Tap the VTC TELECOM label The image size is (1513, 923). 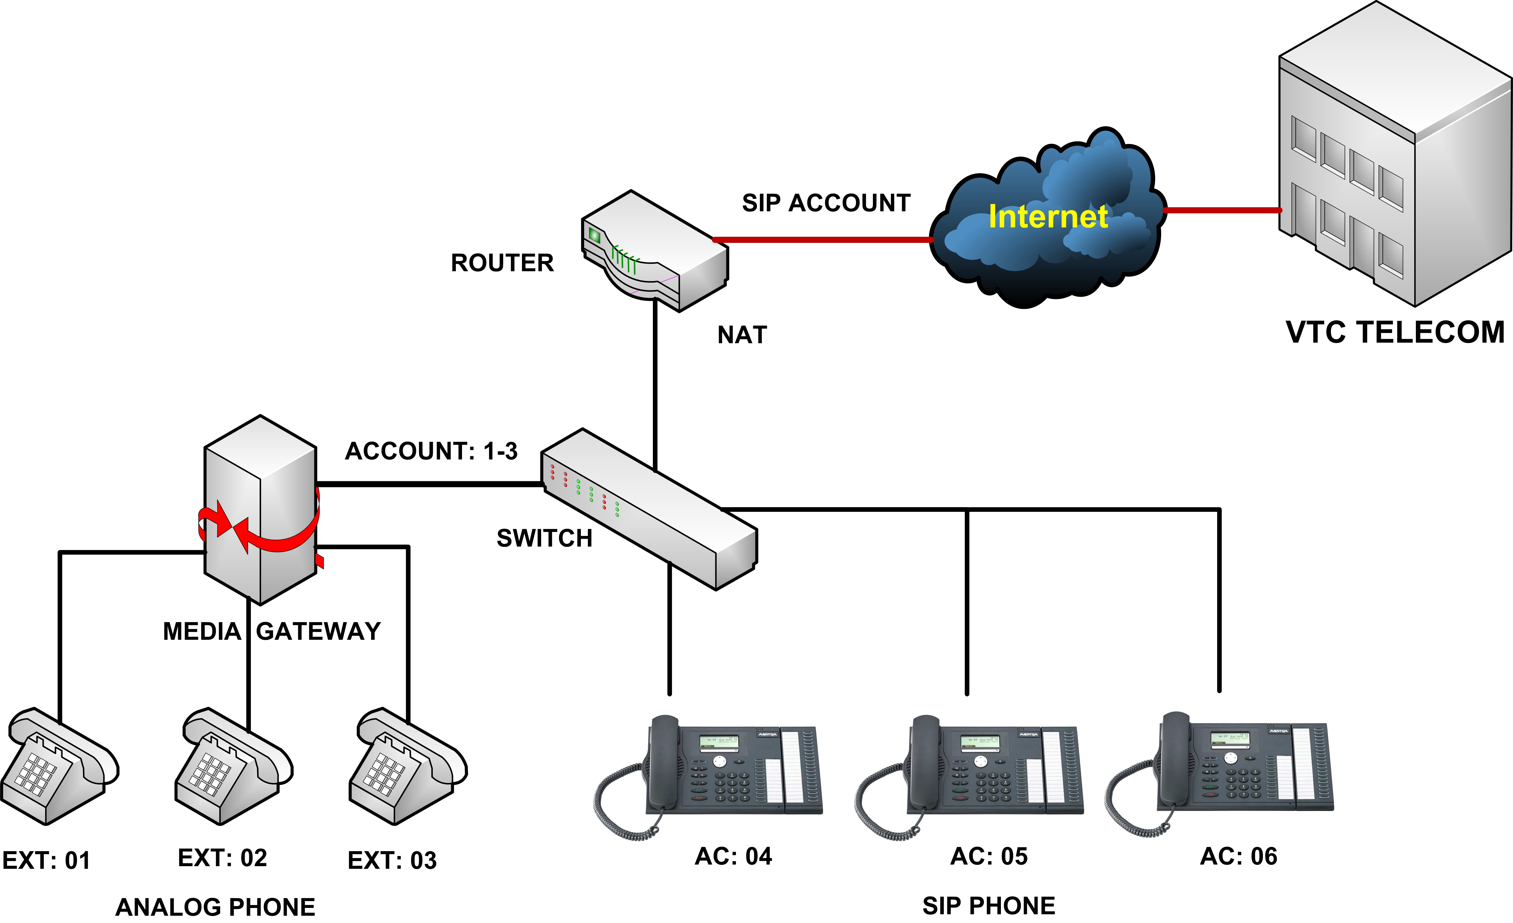click(1395, 332)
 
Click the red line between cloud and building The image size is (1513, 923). click(1222, 210)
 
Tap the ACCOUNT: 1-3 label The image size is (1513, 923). click(431, 451)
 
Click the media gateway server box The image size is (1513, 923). click(260, 510)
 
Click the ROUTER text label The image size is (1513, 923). click(502, 263)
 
